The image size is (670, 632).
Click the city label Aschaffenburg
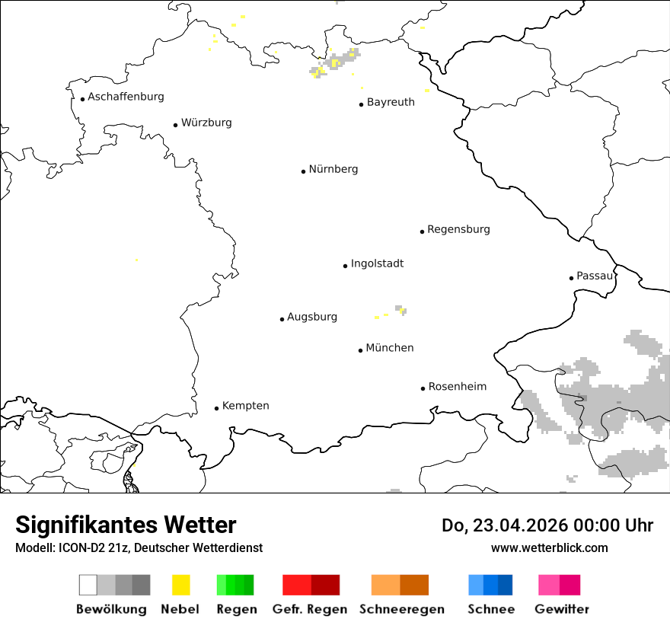pos(126,97)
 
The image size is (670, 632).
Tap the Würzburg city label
pos(206,123)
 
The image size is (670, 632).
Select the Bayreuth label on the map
pos(391,102)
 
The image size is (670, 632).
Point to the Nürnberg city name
pos(333,169)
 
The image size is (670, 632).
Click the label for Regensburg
pos(458,229)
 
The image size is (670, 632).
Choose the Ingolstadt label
pos(377,263)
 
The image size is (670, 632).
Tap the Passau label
pos(595,276)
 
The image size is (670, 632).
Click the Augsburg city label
pos(312,317)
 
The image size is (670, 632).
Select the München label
pos(390,348)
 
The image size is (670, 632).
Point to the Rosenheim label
pos(458,387)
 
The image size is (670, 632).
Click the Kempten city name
pos(245,406)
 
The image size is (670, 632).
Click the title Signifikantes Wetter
pos(126,525)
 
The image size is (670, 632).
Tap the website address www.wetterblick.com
pos(550,548)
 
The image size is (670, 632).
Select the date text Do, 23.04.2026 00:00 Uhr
pos(547,525)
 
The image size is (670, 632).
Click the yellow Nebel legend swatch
pos(180,585)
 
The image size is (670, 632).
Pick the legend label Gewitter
pos(561,609)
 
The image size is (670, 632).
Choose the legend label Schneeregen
pos(401,609)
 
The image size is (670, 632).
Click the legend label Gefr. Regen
pos(310,609)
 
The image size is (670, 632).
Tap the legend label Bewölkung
pos(111,609)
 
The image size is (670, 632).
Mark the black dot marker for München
pos(361,350)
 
